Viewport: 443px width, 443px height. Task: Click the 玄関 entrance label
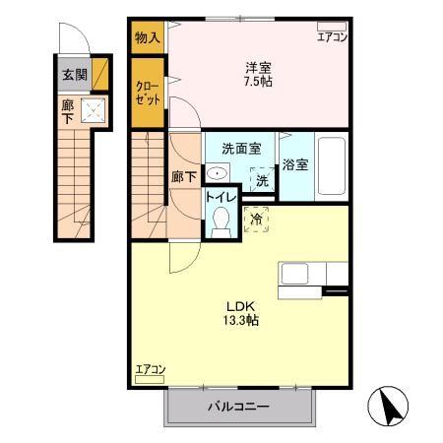tap(75, 75)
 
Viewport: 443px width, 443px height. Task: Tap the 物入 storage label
tap(148, 37)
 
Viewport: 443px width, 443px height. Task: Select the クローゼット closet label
tap(148, 93)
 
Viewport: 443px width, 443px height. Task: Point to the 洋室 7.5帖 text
tap(258, 75)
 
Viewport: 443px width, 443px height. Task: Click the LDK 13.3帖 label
tap(241, 313)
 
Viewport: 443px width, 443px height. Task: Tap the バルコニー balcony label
tap(238, 407)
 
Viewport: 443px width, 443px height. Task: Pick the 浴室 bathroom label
tap(295, 164)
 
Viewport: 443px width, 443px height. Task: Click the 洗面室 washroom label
tap(241, 149)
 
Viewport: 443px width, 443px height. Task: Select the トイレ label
tap(221, 197)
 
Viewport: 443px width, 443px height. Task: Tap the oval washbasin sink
tap(217, 172)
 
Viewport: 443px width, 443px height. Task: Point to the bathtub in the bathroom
tap(332, 166)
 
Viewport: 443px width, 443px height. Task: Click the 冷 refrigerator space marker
tap(257, 220)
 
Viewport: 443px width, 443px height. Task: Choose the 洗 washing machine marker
tap(262, 180)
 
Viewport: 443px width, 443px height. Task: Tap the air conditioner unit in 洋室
tap(332, 27)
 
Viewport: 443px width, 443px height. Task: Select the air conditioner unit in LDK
tap(150, 380)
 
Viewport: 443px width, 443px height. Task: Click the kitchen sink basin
tap(294, 274)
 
